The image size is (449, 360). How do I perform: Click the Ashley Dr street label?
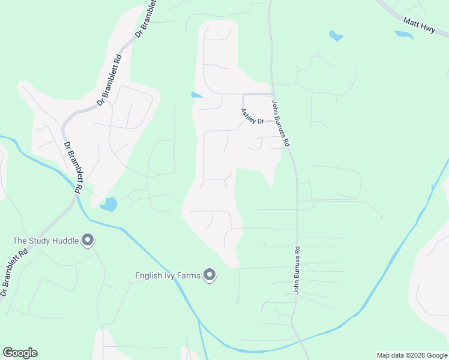252,116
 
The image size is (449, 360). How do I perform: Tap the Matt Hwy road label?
420,26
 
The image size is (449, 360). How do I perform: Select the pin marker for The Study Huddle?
88,241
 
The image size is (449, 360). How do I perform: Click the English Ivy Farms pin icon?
209,275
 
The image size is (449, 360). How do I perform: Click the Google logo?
20,353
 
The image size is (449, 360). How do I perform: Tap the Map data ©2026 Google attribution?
411,355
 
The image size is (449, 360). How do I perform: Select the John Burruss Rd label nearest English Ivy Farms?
297,269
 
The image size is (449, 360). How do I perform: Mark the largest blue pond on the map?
109,205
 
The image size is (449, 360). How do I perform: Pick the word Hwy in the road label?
427,29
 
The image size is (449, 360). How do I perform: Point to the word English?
148,277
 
